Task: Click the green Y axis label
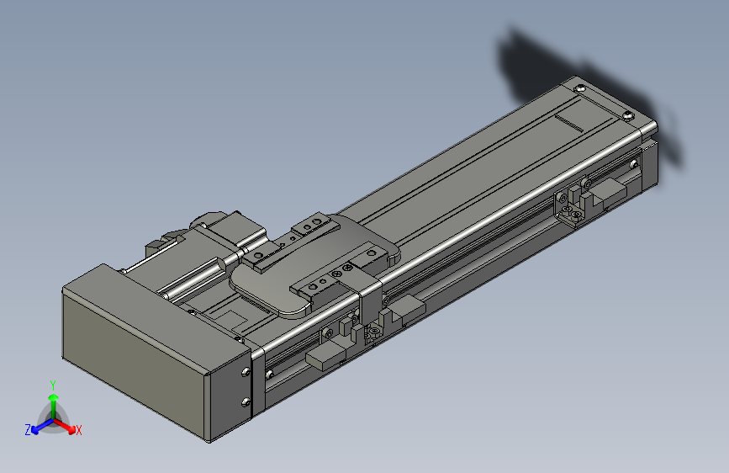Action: [53, 383]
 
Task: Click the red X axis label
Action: [79, 431]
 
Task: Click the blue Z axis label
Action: [28, 430]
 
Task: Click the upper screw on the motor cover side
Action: [246, 370]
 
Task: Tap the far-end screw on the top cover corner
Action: [579, 88]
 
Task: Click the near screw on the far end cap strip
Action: [626, 114]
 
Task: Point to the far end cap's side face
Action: [651, 164]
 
